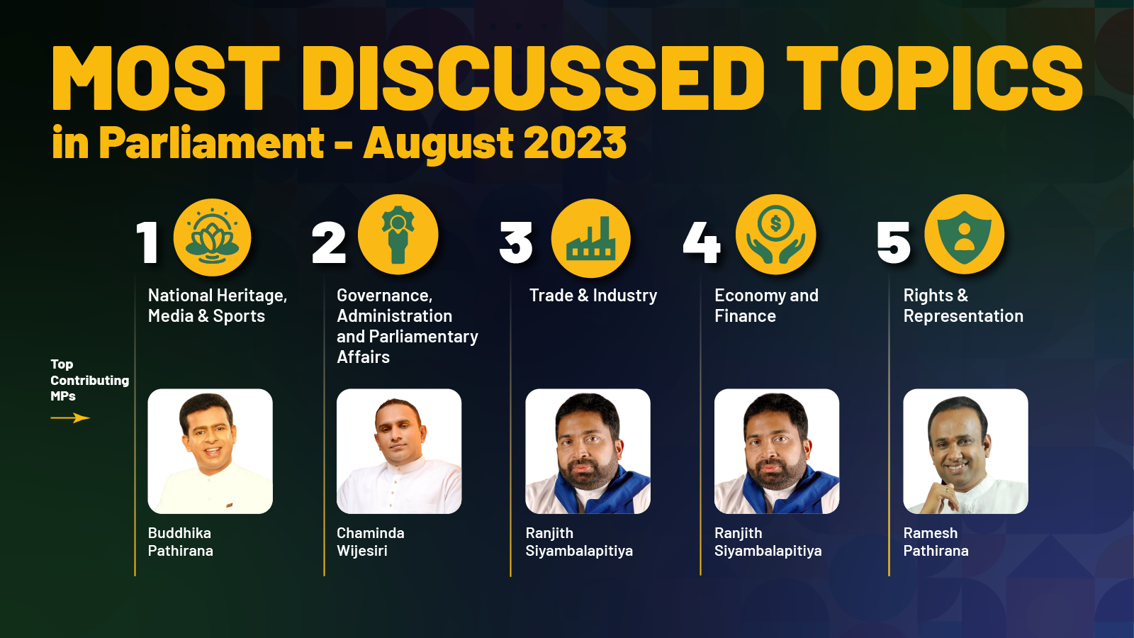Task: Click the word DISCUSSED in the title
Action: pos(534,78)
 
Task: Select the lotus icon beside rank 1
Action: pos(212,237)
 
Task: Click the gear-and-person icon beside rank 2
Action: pos(398,235)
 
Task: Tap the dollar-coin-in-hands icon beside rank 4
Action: pos(775,235)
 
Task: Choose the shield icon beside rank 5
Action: pos(965,235)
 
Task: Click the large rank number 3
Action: pos(516,243)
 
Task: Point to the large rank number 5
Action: pos(894,243)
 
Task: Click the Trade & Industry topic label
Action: pos(593,295)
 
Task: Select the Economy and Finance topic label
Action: pos(766,306)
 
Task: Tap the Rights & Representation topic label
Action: pos(963,306)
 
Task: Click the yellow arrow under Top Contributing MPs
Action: pos(70,418)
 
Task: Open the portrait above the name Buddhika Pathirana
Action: pos(210,451)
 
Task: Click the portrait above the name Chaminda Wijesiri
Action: pos(399,451)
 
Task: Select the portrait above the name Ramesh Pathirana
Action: pos(965,451)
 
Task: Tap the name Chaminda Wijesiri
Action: pos(371,542)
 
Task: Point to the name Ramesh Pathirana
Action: pos(936,542)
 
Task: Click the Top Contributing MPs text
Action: pos(89,380)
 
